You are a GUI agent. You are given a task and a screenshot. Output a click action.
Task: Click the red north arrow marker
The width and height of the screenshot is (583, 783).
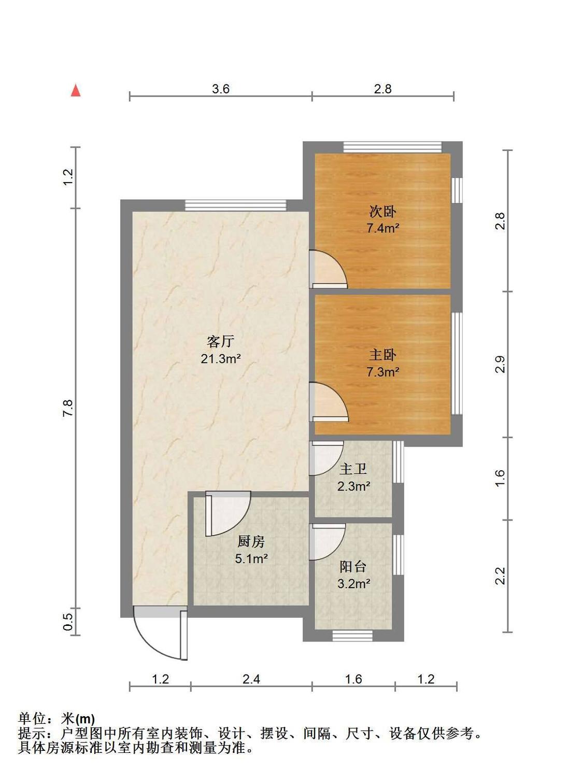pyautogui.click(x=76, y=90)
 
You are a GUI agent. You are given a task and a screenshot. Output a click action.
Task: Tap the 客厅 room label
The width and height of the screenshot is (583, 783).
pyautogui.click(x=221, y=341)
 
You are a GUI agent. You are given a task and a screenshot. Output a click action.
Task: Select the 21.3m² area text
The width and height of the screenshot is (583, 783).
pyautogui.click(x=221, y=359)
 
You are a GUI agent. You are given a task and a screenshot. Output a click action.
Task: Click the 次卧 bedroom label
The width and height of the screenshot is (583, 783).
pyautogui.click(x=382, y=211)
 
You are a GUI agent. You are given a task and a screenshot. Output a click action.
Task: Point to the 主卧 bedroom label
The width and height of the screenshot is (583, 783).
pyautogui.click(x=382, y=355)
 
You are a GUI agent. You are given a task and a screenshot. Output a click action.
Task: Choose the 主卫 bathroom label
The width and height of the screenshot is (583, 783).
pyautogui.click(x=353, y=469)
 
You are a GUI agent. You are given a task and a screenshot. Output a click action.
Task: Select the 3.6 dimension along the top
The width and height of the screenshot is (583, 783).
pyautogui.click(x=221, y=89)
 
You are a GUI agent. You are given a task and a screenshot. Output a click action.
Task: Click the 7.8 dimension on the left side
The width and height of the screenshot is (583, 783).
pyautogui.click(x=68, y=408)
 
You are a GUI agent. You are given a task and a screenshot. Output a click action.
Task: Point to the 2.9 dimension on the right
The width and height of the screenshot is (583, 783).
pyautogui.click(x=500, y=364)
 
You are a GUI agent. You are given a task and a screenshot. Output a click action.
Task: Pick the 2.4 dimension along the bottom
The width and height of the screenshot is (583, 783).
pyautogui.click(x=251, y=679)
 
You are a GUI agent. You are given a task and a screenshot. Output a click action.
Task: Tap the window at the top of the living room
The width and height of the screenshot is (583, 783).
pyautogui.click(x=236, y=205)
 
